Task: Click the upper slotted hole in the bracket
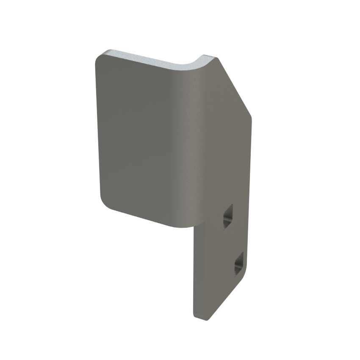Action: tap(228, 216)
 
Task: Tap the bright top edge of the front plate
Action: tap(148, 60)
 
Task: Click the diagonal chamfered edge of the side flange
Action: tap(235, 87)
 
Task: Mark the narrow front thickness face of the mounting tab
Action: tap(194, 275)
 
